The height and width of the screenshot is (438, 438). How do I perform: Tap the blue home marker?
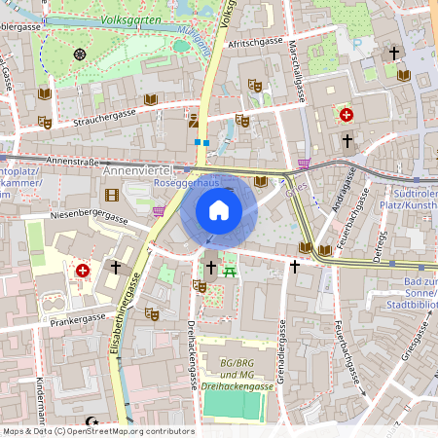(x=219, y=210)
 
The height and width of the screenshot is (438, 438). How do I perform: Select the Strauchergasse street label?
(x=104, y=117)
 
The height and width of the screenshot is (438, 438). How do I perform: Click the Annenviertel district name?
(x=136, y=171)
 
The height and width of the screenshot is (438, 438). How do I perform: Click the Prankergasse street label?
(x=78, y=318)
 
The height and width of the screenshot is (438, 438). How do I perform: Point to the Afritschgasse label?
(x=254, y=44)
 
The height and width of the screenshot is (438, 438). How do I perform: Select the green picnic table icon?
(x=231, y=267)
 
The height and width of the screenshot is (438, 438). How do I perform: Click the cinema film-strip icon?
(x=112, y=196)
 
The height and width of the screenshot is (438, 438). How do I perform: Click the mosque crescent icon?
(x=93, y=421)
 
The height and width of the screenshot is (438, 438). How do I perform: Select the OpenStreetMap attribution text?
(x=97, y=431)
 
